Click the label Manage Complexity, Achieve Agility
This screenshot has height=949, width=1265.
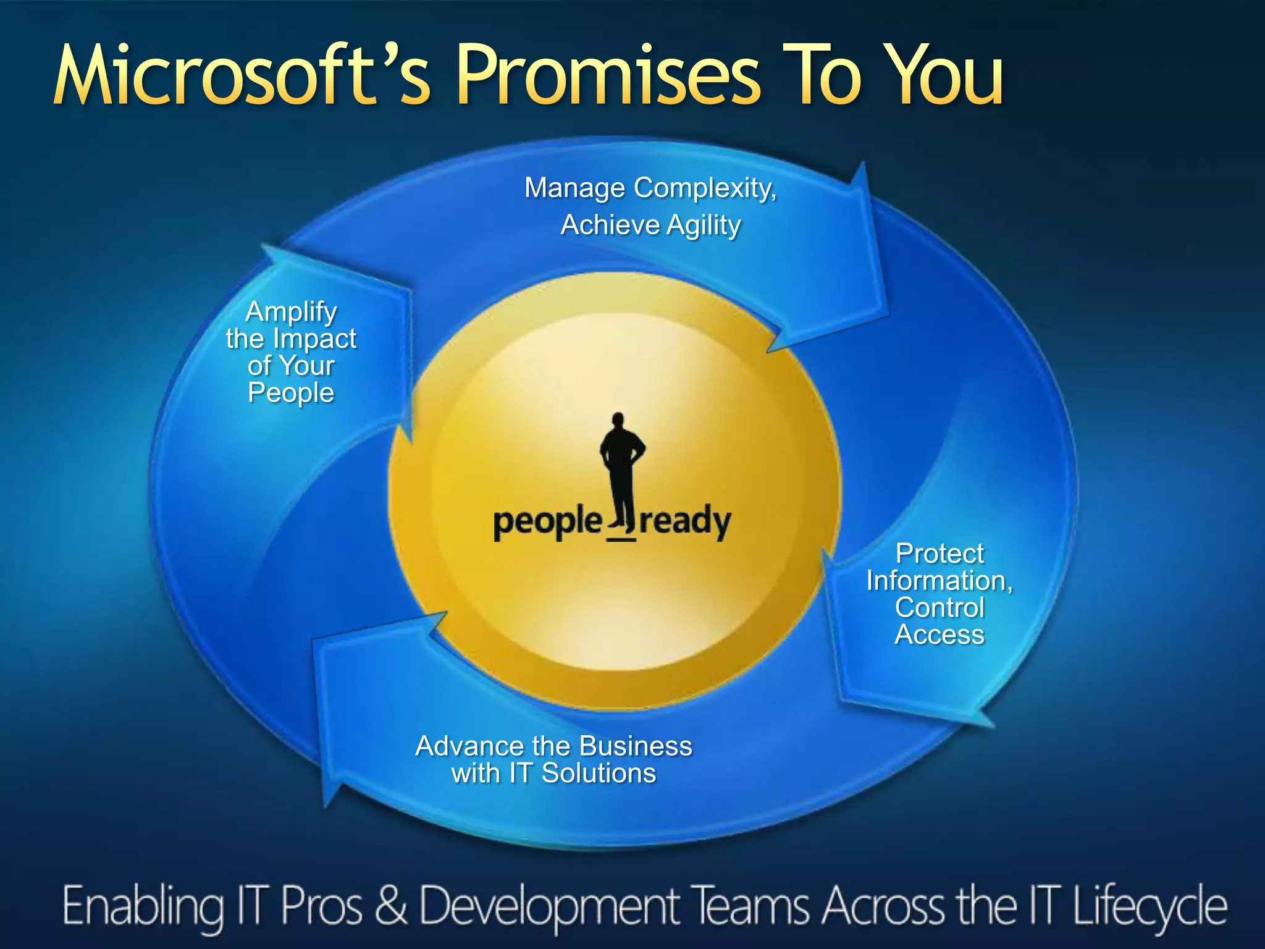point(650,206)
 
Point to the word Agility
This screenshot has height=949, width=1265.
point(704,226)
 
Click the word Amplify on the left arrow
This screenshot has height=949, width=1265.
point(291,311)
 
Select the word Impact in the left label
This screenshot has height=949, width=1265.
point(314,339)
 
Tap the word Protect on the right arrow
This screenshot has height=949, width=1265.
point(939,554)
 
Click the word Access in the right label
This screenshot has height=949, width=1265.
point(939,635)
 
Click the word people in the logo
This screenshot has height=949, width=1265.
point(547,523)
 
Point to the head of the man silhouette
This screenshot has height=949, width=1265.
point(618,421)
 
